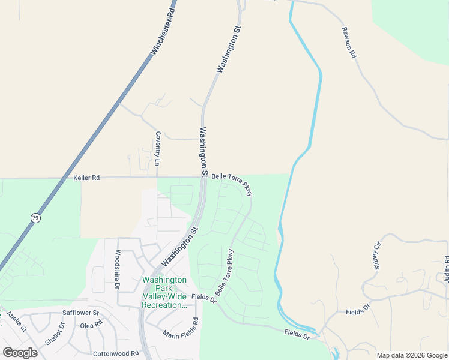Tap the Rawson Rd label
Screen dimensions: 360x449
[x=349, y=42]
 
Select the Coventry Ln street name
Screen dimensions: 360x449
[x=158, y=148]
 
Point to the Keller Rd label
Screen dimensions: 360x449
[x=86, y=178]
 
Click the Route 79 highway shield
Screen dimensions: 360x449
[x=36, y=218]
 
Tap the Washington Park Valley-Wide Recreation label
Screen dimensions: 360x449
[x=164, y=292]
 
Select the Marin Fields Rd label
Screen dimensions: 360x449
[x=180, y=337]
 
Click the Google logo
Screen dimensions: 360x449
[x=20, y=353]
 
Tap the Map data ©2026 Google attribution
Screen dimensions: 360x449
[x=412, y=356]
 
